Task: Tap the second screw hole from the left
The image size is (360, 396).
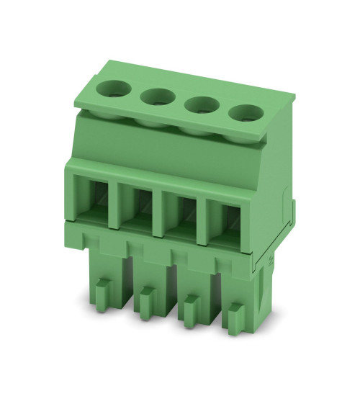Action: point(156,97)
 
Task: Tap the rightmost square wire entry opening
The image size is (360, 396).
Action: point(225,217)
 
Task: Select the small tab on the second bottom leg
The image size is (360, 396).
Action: point(148,293)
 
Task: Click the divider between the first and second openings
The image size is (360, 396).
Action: point(114,205)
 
